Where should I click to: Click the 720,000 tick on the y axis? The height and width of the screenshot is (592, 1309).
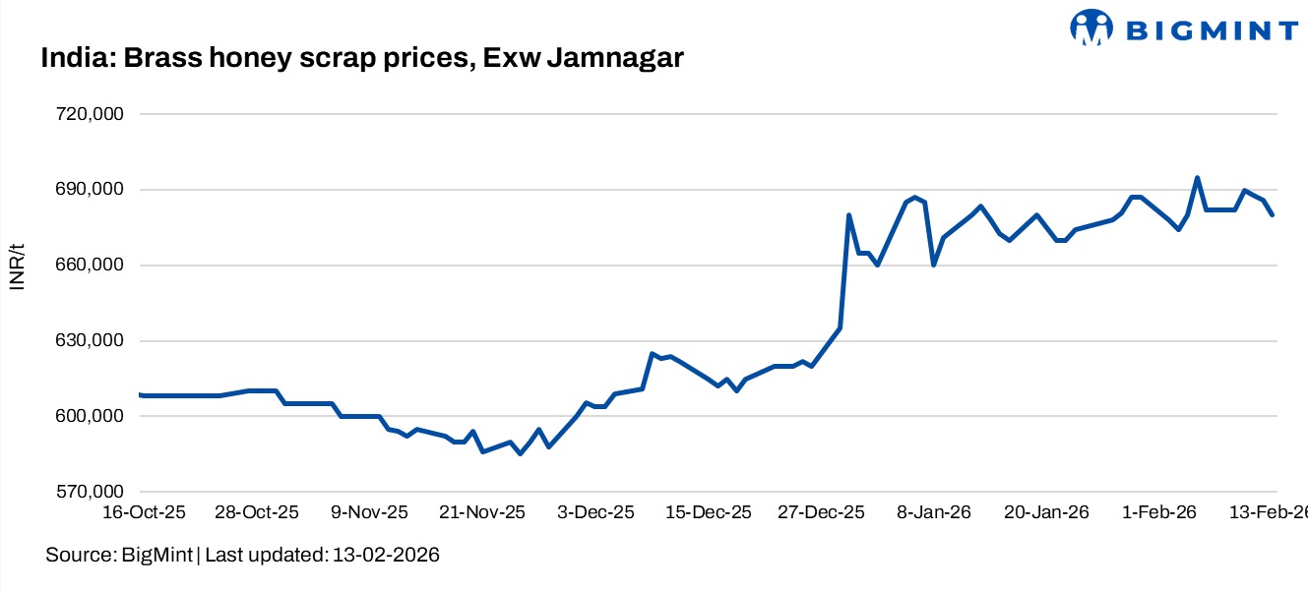coord(88,114)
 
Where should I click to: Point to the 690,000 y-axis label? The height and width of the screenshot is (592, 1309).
coord(88,190)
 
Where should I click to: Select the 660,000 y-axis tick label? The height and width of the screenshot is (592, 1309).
coord(88,266)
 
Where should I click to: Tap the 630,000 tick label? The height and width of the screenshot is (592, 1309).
coord(88,341)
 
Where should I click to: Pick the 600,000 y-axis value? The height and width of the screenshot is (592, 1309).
coord(88,417)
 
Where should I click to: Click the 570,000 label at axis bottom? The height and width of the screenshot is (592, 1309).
coord(88,492)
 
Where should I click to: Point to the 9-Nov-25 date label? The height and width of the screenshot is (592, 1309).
coord(370,513)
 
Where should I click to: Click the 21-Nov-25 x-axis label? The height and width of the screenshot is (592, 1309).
coord(483,513)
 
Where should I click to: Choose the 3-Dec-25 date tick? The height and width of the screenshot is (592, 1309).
coord(596,513)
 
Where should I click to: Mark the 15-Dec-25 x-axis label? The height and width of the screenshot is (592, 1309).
coord(710,513)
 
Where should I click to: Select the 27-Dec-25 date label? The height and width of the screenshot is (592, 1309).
coord(823,513)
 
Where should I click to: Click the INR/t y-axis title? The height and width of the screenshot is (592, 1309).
coord(17,266)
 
